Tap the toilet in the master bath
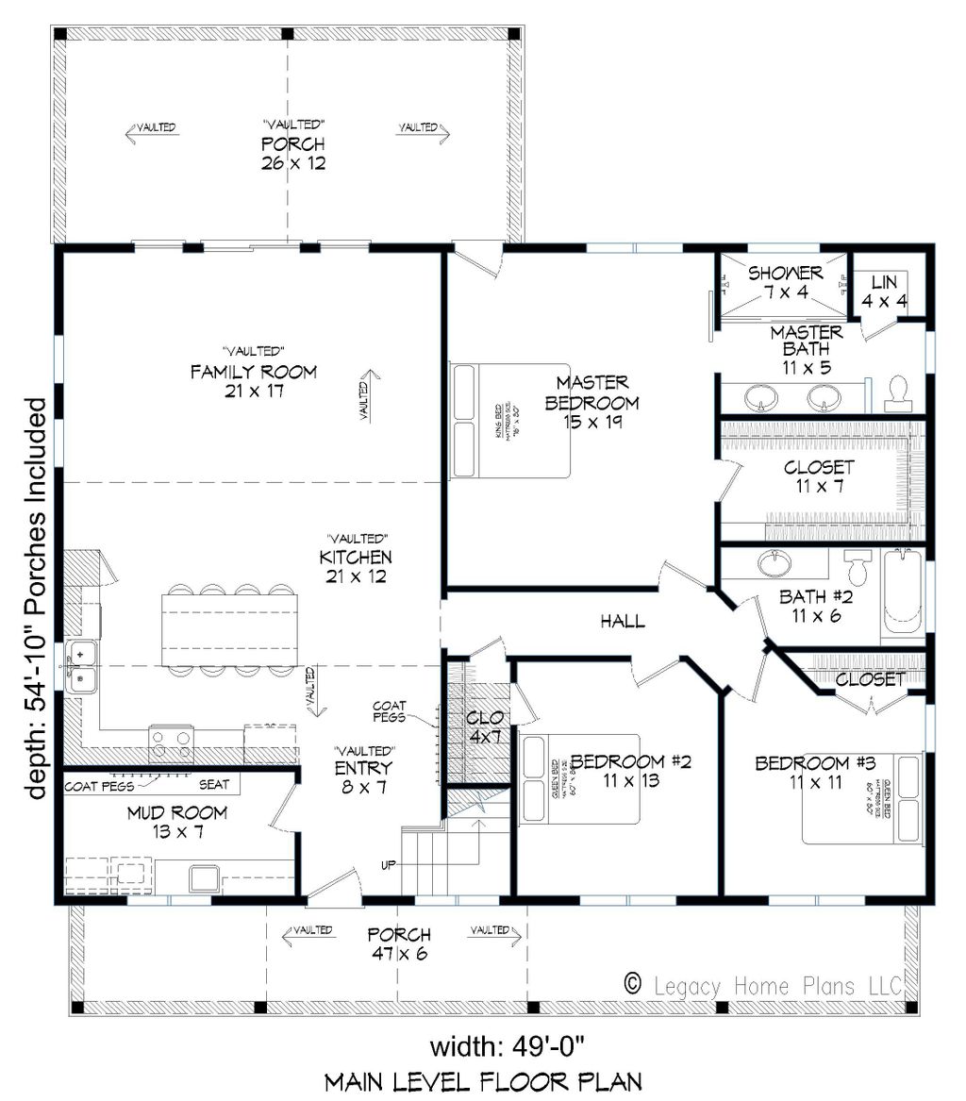click(x=897, y=394)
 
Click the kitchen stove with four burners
click(x=172, y=742)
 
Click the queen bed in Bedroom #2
click(x=580, y=778)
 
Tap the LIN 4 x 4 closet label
click(x=884, y=291)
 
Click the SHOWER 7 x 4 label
click(x=785, y=282)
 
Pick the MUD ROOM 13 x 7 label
click(x=178, y=822)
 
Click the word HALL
click(x=623, y=621)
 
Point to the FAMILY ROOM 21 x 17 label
click(x=253, y=380)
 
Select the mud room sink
click(x=203, y=877)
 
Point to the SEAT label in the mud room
click(x=215, y=785)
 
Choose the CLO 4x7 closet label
click(x=484, y=726)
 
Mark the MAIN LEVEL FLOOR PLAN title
click(x=483, y=1081)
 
